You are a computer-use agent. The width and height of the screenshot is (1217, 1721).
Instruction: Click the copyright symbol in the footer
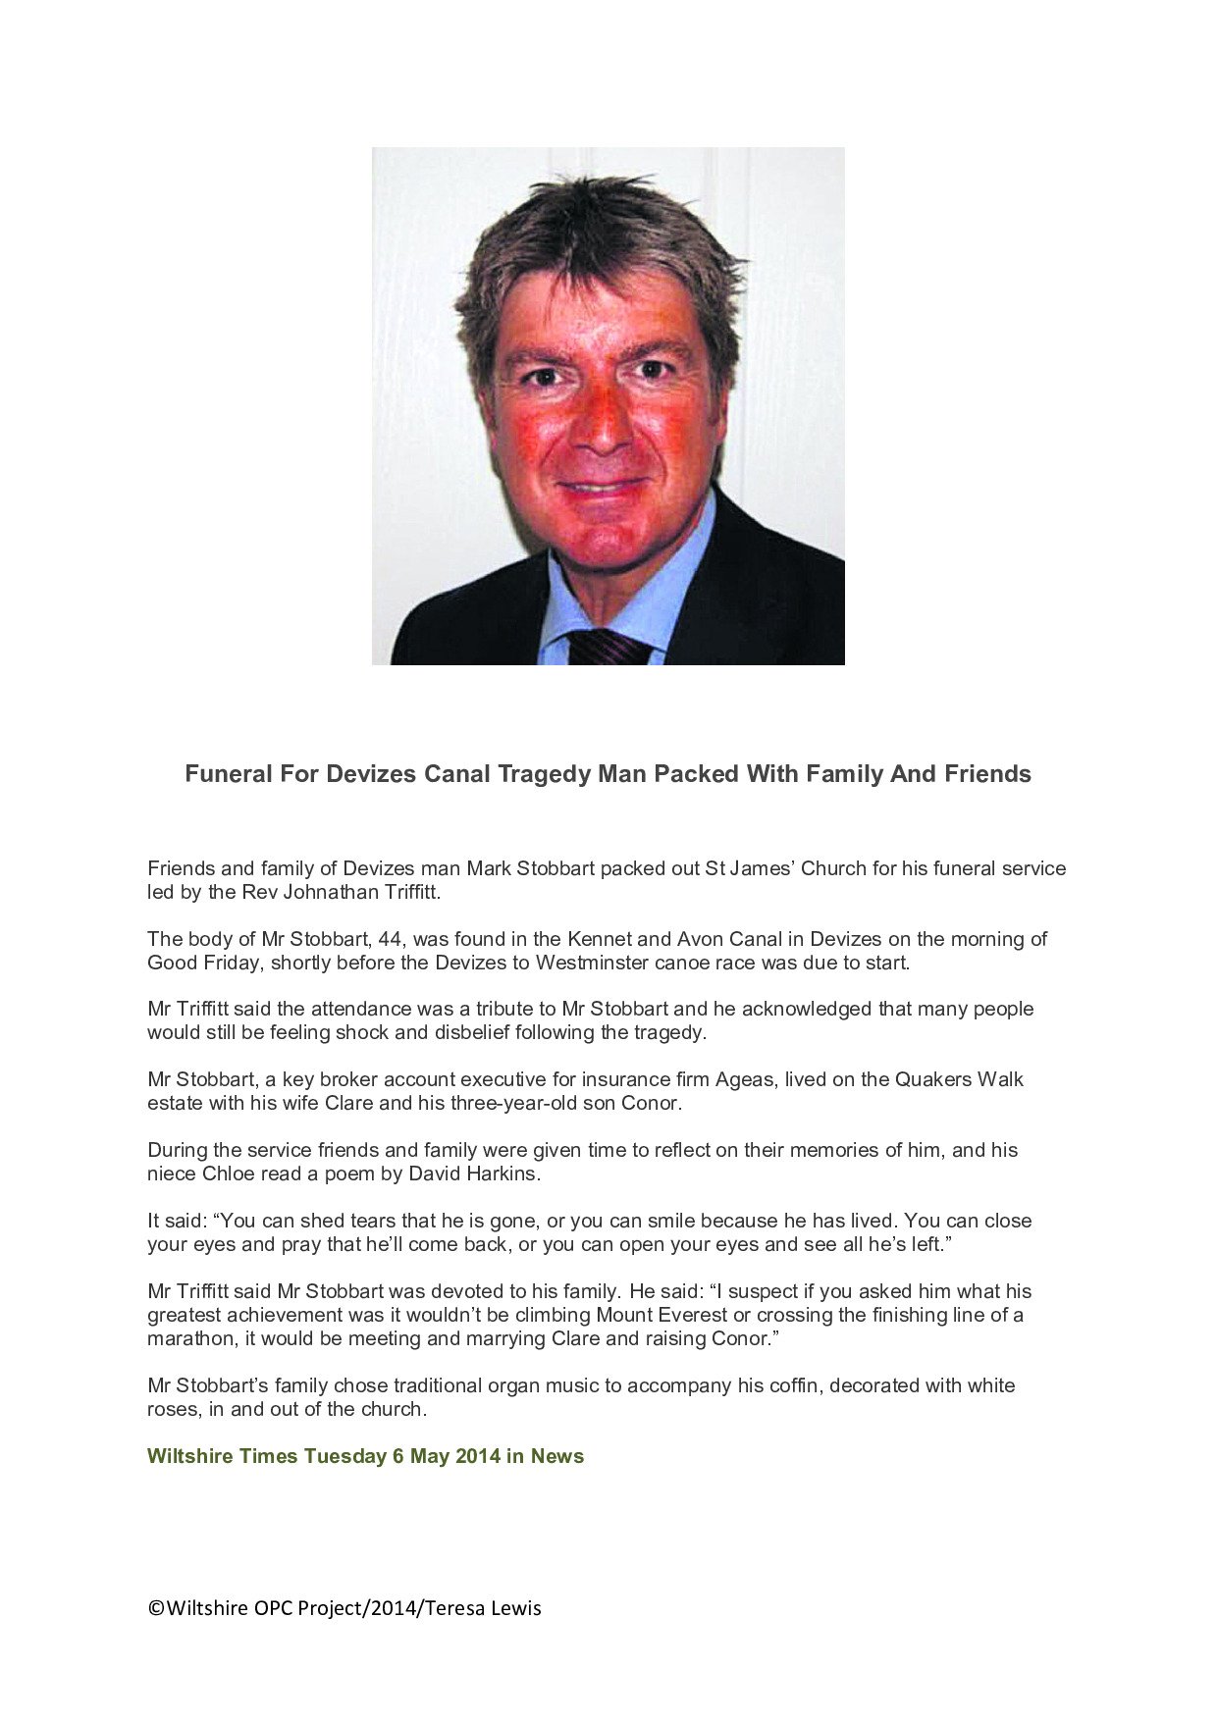pyautogui.click(x=155, y=1608)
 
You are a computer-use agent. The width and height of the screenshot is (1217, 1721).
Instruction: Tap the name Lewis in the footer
pyautogui.click(x=516, y=1608)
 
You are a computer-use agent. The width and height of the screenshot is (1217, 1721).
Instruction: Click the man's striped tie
pyautogui.click(x=607, y=648)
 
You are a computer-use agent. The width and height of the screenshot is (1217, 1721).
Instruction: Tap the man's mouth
pyautogui.click(x=602, y=486)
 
